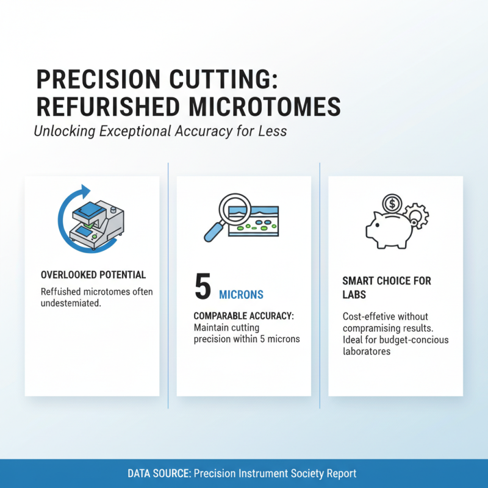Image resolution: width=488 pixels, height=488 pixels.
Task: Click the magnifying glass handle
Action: pos(213,232)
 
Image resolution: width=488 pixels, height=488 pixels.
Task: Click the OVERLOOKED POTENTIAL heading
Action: pos(93,275)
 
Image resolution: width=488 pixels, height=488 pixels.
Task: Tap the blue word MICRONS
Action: pos(241,295)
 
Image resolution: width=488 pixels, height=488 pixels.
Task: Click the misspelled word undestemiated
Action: pos(70,303)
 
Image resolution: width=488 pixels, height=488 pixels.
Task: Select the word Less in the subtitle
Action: pos(273,131)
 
